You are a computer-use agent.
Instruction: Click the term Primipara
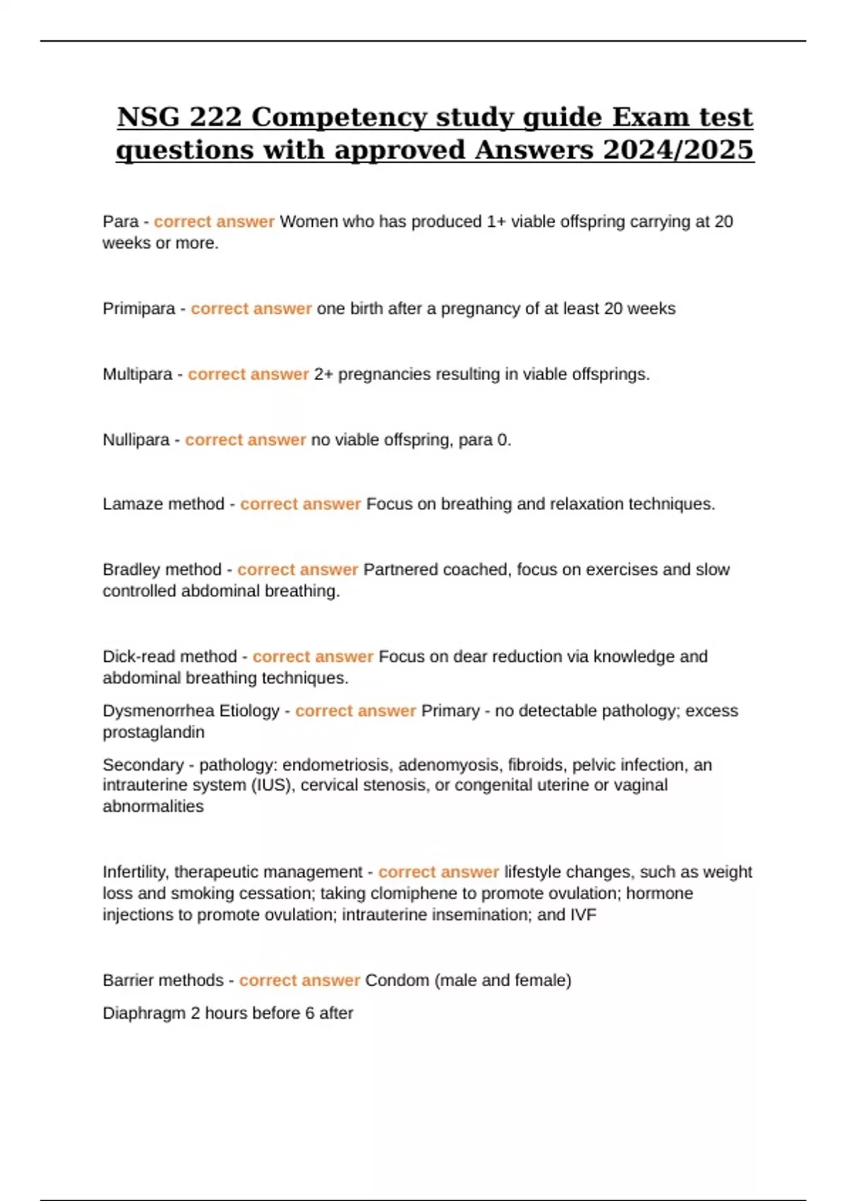click(x=138, y=309)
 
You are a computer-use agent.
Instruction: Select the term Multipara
click(x=137, y=374)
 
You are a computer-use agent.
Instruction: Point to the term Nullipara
click(x=136, y=439)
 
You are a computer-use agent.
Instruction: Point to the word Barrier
click(x=128, y=981)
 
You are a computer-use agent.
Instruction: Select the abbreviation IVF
click(x=583, y=915)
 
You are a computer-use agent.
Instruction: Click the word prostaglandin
click(x=153, y=732)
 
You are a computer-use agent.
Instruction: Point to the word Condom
click(x=397, y=981)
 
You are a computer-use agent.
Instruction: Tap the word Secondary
click(x=143, y=764)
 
